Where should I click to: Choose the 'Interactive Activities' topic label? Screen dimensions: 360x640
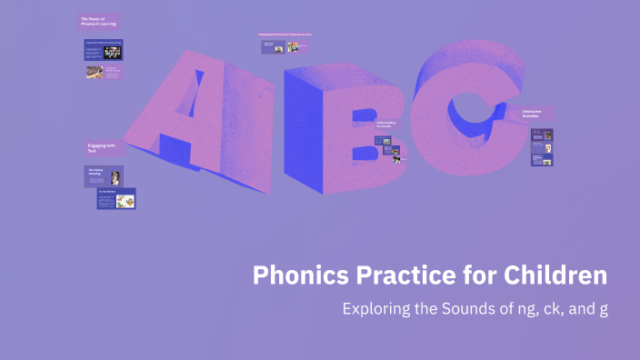coord(535,115)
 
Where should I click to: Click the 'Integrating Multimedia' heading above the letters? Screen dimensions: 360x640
coord(285,35)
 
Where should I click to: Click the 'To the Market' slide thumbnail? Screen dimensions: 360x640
coord(116,199)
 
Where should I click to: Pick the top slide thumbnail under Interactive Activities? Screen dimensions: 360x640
coord(542,135)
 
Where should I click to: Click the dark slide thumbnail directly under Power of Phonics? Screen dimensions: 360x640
coord(103,49)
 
